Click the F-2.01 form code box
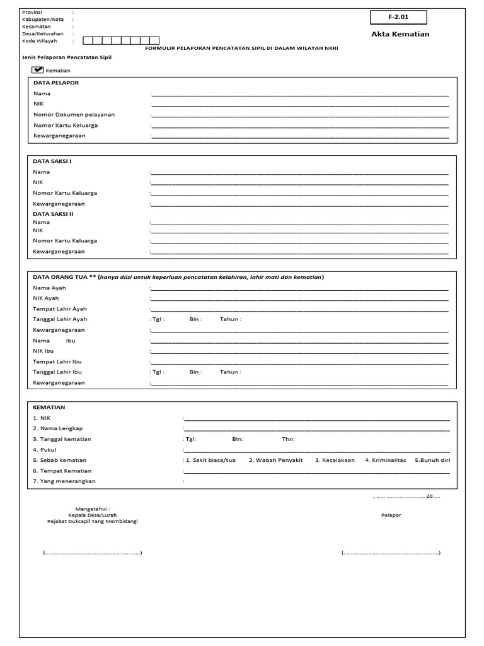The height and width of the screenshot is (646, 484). [x=398, y=18]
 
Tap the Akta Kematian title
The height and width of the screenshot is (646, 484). [x=400, y=34]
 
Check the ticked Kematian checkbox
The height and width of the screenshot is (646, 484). [x=37, y=70]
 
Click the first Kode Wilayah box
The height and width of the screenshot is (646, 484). [x=88, y=41]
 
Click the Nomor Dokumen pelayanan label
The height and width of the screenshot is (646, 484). [x=74, y=115]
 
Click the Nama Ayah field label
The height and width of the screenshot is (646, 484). [x=49, y=288]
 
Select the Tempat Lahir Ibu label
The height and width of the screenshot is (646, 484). [x=57, y=361]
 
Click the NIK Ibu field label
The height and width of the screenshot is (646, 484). [x=43, y=351]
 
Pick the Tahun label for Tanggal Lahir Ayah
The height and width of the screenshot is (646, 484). [x=230, y=319]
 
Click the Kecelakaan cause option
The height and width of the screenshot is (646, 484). [x=335, y=460]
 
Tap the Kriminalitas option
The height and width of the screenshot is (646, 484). [x=386, y=460]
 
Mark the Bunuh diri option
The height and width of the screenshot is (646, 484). [x=432, y=460]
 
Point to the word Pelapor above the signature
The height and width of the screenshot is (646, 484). [x=391, y=515]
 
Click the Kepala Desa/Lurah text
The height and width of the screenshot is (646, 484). [x=93, y=515]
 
